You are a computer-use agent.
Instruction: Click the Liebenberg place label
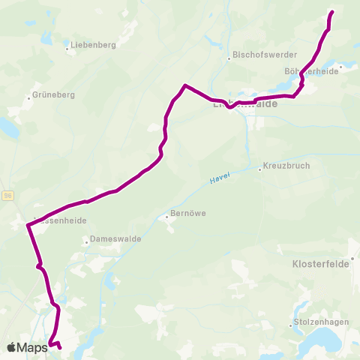[94, 45]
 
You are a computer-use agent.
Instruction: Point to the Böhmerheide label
[312, 71]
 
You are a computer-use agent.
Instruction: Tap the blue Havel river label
[220, 178]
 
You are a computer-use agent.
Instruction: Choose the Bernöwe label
[188, 213]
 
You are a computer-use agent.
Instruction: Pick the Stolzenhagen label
[318, 325]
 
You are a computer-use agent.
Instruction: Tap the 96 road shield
[8, 195]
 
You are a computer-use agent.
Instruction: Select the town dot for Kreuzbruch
[259, 169]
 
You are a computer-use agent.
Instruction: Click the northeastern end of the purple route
[331, 12]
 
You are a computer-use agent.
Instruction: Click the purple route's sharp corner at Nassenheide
[28, 224]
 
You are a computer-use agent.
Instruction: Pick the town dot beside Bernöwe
[166, 217]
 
